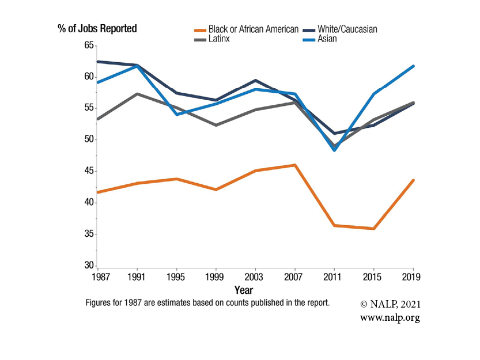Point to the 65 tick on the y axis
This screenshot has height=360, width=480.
pos(89,46)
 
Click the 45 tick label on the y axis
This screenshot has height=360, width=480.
pos(89,171)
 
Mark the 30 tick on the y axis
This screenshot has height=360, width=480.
pos(89,266)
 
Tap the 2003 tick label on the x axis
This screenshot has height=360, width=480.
pos(255,277)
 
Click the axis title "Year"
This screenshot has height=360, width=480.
pos(244,290)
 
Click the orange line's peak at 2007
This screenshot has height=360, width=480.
pos(295,165)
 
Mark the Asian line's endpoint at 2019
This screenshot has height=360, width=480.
pos(413,66)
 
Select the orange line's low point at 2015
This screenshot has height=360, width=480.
pos(374,229)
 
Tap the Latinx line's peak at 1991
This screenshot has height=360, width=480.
pos(137,93)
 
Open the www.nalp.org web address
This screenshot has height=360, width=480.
pos(390,318)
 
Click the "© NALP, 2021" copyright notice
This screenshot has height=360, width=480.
pos(391,304)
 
